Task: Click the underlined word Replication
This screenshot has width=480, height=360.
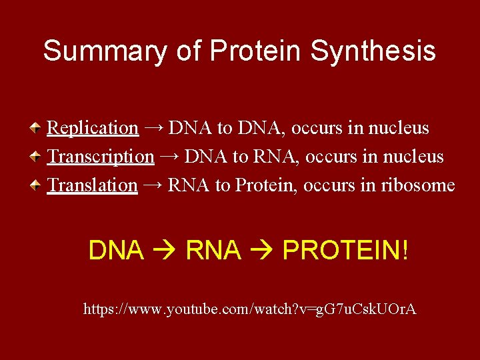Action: (93, 127)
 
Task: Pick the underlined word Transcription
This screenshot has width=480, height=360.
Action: (101, 157)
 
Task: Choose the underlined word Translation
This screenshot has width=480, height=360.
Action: (93, 185)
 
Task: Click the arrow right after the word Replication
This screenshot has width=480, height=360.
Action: (153, 127)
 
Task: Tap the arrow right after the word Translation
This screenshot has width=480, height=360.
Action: (153, 185)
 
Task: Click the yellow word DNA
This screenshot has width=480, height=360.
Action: (116, 251)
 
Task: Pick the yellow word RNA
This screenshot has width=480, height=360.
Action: (213, 251)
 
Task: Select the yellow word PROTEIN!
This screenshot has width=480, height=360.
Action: (345, 251)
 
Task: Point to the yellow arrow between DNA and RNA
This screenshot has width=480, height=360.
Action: (165, 251)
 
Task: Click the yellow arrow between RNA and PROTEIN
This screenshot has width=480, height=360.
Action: (262, 251)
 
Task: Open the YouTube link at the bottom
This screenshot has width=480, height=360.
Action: (249, 309)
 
